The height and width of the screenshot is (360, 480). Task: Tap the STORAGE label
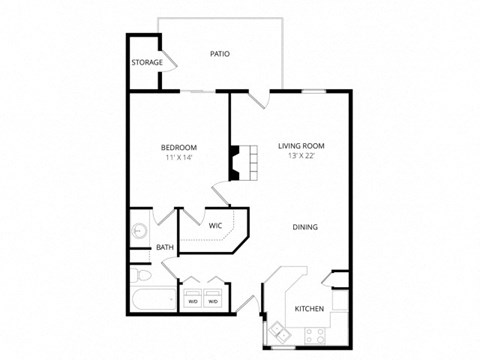coord(147,63)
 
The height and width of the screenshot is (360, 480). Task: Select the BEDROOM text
coord(180,146)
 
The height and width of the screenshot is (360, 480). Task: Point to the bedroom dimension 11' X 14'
coord(180,157)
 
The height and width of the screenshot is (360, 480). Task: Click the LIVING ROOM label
coord(301,146)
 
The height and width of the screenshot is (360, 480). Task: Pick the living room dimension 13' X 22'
coord(301,157)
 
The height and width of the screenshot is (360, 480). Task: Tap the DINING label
coord(305,227)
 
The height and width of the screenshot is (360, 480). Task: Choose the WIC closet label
coord(215,225)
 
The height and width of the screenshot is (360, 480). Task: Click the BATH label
coord(165,248)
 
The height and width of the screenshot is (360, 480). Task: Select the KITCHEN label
coord(309,309)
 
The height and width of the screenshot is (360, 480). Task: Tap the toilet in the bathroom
coord(140,273)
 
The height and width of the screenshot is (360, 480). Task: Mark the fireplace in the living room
coord(236,162)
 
